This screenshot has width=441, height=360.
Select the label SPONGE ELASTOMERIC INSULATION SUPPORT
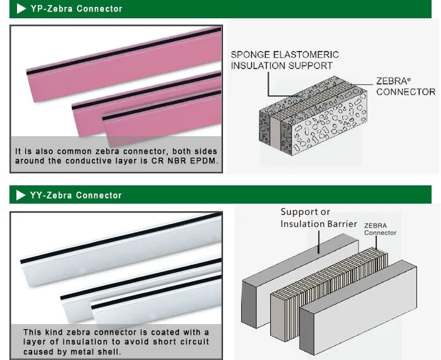point(285,60)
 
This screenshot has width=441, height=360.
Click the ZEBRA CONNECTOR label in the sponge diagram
point(405,86)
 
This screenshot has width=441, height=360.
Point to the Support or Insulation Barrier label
point(318,218)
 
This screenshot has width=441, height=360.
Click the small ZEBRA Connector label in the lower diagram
point(381,229)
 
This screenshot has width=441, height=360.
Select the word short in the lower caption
point(167,342)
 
